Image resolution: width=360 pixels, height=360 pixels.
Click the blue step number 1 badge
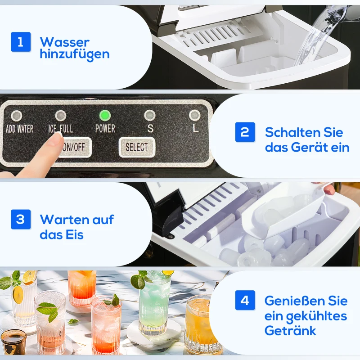(21, 42)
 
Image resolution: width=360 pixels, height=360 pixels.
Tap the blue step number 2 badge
(245, 132)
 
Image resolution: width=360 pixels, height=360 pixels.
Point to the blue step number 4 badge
(245, 300)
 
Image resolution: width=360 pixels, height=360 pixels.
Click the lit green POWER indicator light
(105, 116)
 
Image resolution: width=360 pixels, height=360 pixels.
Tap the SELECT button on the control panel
(136, 147)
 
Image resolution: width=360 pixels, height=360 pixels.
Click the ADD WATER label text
(19, 129)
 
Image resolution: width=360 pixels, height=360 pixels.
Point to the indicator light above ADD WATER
(17, 116)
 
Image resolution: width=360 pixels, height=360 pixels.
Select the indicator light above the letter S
(150, 116)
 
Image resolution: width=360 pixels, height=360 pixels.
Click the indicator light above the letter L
(194, 116)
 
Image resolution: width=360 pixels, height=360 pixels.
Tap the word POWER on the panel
(105, 129)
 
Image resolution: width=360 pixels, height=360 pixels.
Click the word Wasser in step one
(64, 42)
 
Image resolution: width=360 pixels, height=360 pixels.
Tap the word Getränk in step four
(290, 331)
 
